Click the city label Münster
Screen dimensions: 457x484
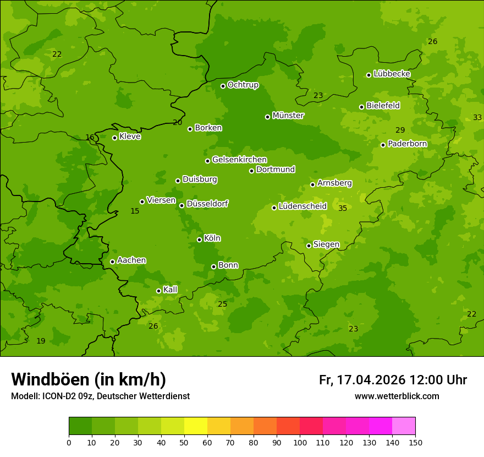pyautogui.click(x=288, y=116)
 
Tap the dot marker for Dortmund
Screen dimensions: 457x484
pyautogui.click(x=251, y=171)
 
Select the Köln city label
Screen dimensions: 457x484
pyautogui.click(x=212, y=238)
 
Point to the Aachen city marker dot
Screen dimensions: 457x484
pyautogui.click(x=112, y=262)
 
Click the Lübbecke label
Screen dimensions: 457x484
pyautogui.click(x=392, y=74)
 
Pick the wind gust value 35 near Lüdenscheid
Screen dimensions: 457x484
pyautogui.click(x=343, y=208)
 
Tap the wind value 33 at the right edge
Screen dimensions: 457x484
pyautogui.click(x=477, y=117)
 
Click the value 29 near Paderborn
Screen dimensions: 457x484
pyautogui.click(x=400, y=130)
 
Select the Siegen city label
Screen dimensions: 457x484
pyautogui.click(x=326, y=244)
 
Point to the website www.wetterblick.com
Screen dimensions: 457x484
pyautogui.click(x=397, y=396)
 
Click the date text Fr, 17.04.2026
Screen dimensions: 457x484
pyautogui.click(x=362, y=380)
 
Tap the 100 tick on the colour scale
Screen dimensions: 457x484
pyautogui.click(x=300, y=442)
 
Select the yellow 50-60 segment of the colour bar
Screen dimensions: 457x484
pyautogui.click(x=196, y=426)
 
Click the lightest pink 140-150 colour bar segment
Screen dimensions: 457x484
pyautogui.click(x=404, y=426)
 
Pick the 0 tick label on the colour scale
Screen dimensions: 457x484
pyautogui.click(x=69, y=442)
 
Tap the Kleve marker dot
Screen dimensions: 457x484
pyautogui.click(x=114, y=138)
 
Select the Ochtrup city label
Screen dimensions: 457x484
pyautogui.click(x=243, y=85)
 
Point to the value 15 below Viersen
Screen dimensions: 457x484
pyautogui.click(x=135, y=211)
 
